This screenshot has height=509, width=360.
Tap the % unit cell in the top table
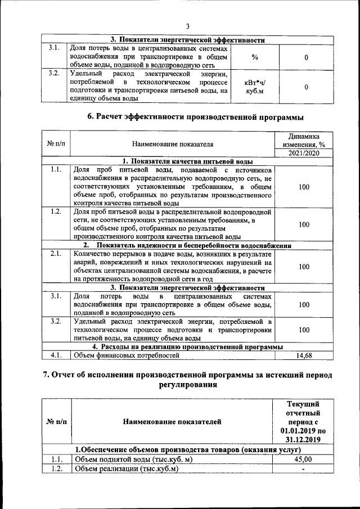click(x=255, y=57)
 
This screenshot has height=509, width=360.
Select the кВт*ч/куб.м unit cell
click(x=255, y=87)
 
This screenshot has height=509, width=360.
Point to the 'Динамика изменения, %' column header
click(x=304, y=141)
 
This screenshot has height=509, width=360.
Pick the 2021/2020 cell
click(x=304, y=154)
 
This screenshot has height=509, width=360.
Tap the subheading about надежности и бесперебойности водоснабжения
click(x=187, y=246)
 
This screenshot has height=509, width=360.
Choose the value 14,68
click(x=304, y=355)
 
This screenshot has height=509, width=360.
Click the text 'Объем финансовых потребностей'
click(x=127, y=355)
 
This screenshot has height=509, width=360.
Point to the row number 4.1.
click(x=56, y=355)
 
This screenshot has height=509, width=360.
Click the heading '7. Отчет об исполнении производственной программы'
click(x=188, y=381)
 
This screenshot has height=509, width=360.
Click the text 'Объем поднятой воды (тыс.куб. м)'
click(x=134, y=460)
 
